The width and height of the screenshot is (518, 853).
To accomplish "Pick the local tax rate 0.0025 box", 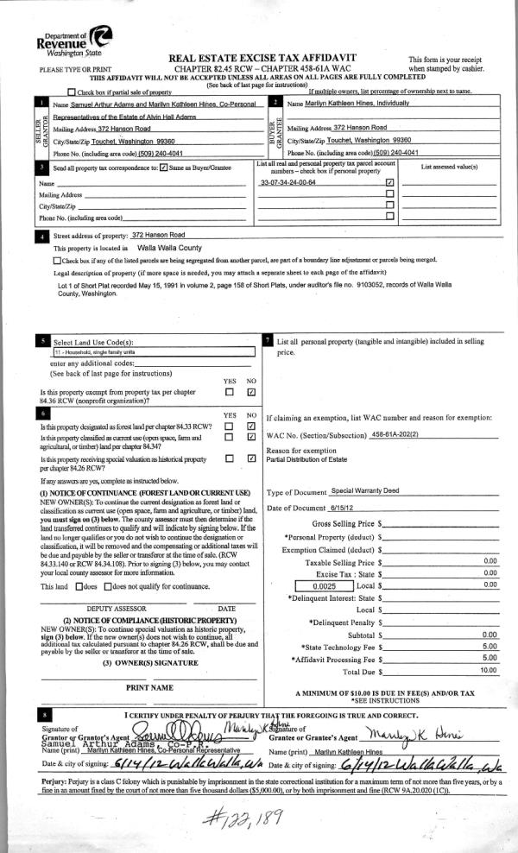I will click(x=323, y=585).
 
